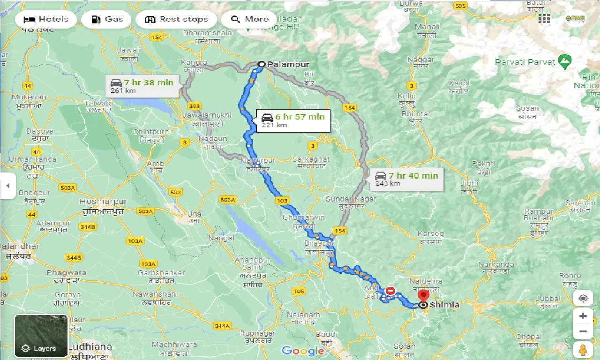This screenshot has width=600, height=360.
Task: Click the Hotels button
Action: coord(45,19)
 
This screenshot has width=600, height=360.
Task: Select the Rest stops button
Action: coord(176,19)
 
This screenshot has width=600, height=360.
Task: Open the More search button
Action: coord(249,19)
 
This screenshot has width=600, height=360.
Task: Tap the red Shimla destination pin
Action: coord(423,295)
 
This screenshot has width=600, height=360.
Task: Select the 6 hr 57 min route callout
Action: coord(292,120)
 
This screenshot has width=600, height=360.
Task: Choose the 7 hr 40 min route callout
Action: coord(406,179)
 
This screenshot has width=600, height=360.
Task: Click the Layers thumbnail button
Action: coord(41,336)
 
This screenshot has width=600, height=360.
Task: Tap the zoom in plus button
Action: coord(583,316)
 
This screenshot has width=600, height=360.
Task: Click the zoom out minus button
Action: coord(583,332)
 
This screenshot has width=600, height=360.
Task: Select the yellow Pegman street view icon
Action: coord(583,350)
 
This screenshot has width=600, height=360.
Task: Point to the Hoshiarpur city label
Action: coord(103,202)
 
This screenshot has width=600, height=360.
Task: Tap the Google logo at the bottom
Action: coord(302,351)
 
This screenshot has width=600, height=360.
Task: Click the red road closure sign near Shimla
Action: coord(390,291)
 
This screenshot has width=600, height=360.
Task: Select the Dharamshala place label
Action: coord(207,33)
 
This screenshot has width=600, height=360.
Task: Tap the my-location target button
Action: coord(583,299)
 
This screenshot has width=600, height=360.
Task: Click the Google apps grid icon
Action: coord(544,18)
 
